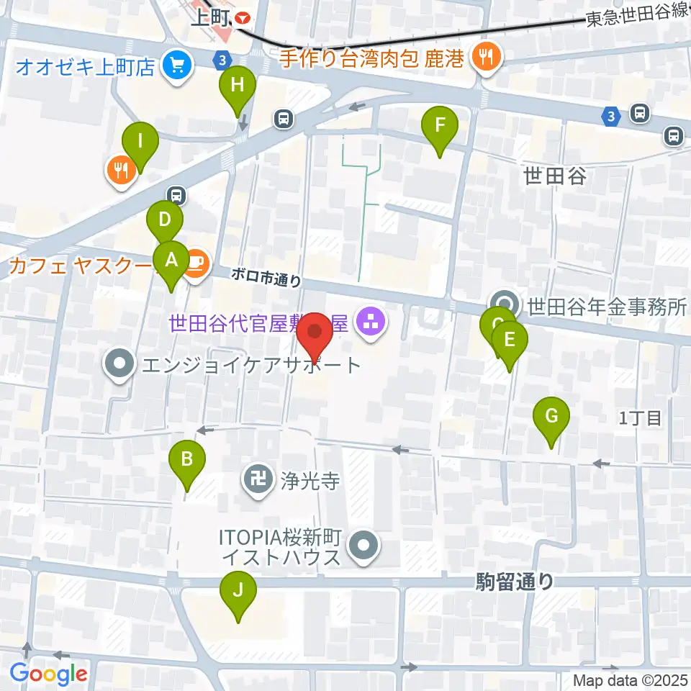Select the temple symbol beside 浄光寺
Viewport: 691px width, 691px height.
[257, 477]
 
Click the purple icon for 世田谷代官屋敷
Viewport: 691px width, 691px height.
[372, 322]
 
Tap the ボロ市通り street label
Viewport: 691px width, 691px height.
[266, 276]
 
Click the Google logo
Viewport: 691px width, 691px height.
[48, 674]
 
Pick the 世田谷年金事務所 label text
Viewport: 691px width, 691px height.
[608, 308]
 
